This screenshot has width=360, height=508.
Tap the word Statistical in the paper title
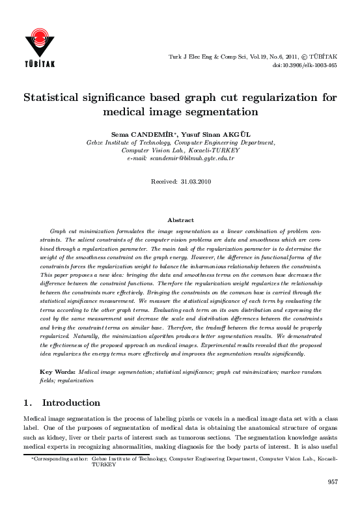click(x=59, y=98)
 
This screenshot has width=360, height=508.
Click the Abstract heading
click(x=180, y=221)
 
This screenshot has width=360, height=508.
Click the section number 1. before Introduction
click(x=28, y=402)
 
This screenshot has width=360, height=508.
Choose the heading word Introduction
click(x=72, y=402)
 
